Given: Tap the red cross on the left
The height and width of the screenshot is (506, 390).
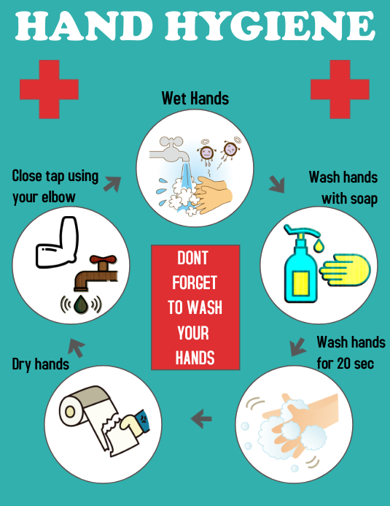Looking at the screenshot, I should click(x=50, y=88).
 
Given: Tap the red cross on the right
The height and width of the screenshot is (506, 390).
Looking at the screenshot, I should click(x=340, y=88).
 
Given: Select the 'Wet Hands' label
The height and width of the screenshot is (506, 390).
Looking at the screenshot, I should click(x=195, y=98).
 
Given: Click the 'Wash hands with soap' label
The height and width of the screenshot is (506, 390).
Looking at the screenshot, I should click(x=343, y=188).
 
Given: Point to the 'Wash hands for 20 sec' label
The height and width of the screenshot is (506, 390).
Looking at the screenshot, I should click(x=346, y=353).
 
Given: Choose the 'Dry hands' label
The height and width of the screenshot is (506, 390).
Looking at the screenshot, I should click(x=41, y=364).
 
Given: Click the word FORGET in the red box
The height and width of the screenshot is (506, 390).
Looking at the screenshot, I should click(x=195, y=283).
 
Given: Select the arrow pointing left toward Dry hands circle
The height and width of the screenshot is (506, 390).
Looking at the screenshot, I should click(x=201, y=419).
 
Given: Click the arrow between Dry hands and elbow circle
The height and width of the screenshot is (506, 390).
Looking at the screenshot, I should click(x=76, y=348).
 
